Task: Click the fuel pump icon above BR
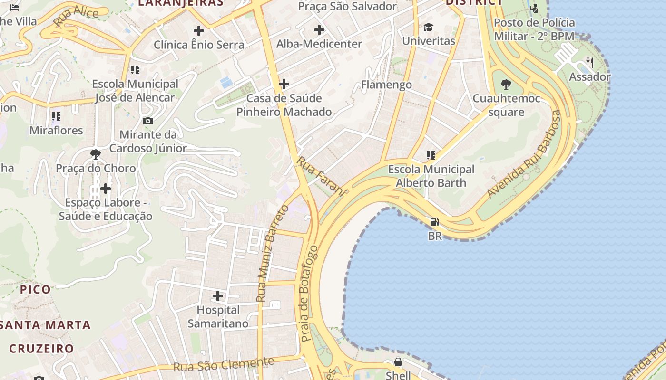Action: click(x=434, y=222)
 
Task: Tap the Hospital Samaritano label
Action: click(x=218, y=317)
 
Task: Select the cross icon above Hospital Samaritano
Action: click(x=218, y=296)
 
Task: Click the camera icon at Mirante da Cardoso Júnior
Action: click(x=147, y=121)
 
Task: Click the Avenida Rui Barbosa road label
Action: click(x=524, y=154)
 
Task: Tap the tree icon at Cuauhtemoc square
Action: click(x=506, y=85)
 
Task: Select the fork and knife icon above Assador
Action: click(x=590, y=63)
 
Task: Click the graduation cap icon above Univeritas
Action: click(x=429, y=27)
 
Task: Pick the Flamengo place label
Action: click(x=386, y=85)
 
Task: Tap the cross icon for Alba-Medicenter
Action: click(x=319, y=30)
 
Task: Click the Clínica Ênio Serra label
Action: click(x=199, y=45)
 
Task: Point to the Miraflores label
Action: click(x=56, y=130)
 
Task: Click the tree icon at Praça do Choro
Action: click(x=96, y=154)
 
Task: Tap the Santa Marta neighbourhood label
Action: click(x=45, y=325)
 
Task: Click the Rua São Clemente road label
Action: click(x=224, y=364)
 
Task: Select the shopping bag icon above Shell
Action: click(x=398, y=362)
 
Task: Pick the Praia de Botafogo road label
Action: click(x=309, y=294)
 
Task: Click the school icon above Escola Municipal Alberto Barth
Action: click(x=431, y=155)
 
